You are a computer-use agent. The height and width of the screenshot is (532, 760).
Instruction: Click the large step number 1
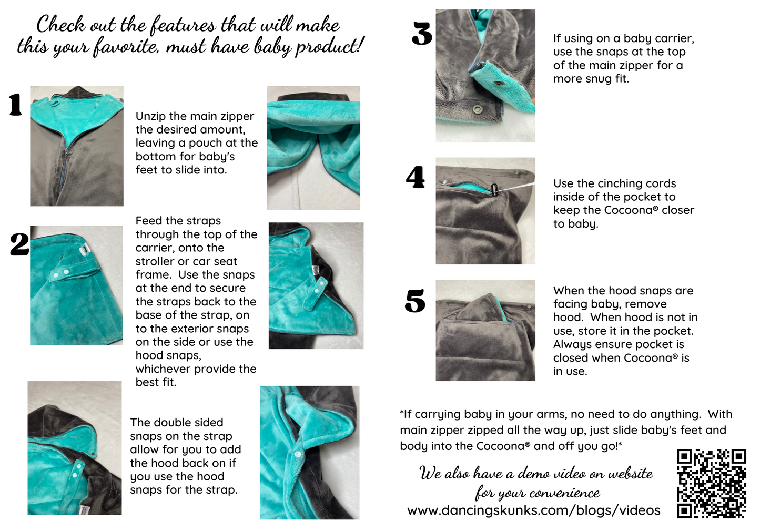16,105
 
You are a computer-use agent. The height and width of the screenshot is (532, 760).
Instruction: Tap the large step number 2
19,244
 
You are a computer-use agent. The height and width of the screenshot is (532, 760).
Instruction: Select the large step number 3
422,33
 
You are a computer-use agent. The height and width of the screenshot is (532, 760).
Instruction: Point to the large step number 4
416,177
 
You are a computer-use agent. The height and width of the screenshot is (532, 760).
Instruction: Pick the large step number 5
415,301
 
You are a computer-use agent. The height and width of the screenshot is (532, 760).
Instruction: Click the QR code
712,484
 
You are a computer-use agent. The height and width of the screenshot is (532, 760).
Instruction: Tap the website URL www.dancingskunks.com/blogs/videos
534,510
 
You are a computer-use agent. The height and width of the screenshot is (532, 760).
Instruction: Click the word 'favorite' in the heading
126,46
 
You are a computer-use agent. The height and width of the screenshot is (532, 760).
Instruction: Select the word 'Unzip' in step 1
150,117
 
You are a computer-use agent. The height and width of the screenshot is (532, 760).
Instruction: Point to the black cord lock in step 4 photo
494,189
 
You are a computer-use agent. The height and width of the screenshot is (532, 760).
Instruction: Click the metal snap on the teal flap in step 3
499,83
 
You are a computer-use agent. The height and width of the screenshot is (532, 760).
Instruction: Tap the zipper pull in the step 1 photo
65,156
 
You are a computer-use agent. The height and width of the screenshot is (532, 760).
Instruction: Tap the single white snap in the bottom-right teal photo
298,454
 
